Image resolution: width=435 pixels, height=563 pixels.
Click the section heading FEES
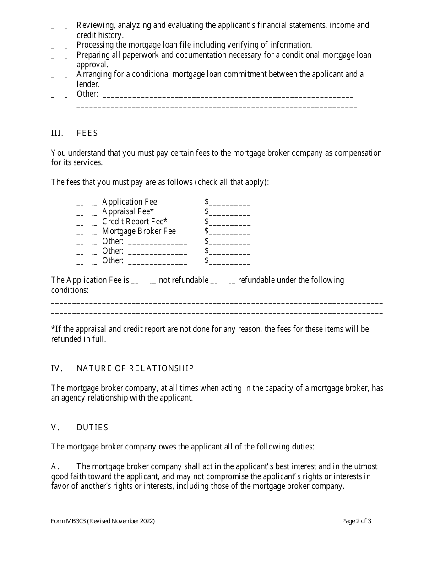coord(87,133)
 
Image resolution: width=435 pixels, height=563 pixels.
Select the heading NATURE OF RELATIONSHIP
coord(135,368)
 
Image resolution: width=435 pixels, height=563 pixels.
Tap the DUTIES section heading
coord(92,428)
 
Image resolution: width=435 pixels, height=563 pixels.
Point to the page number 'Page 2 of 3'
coord(356,521)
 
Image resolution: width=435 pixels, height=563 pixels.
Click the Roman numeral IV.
coord(56,368)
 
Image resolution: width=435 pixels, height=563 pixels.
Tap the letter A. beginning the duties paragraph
coord(55,466)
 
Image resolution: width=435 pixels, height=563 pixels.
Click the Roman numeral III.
coord(57,133)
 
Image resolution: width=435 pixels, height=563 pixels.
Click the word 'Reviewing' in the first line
coord(94,26)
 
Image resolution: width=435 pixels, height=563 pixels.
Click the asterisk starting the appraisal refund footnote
coord(53,328)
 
